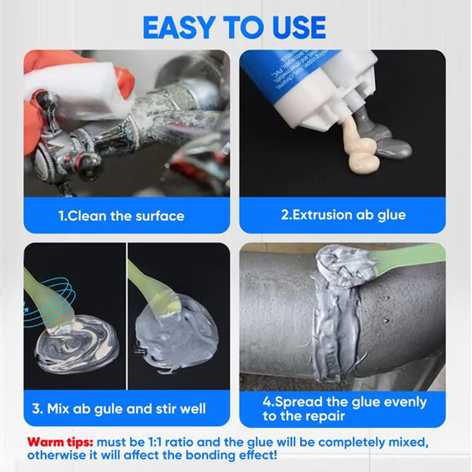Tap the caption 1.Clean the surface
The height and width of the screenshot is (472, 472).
121,216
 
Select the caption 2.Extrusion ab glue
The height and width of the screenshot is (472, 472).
343,215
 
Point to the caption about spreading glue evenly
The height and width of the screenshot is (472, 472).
344,409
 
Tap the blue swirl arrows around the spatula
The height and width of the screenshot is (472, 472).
45,298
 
